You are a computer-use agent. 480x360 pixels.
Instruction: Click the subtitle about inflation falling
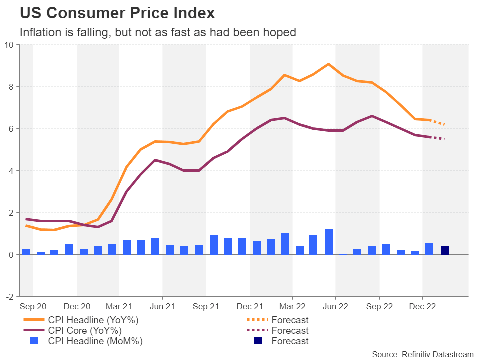(x=158, y=33)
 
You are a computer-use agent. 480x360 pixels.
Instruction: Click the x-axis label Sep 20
(x=33, y=306)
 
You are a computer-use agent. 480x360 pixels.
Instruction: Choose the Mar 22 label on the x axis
(x=292, y=306)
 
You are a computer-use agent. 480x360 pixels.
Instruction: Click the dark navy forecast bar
(x=444, y=250)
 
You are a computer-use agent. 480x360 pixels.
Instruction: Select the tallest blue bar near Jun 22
(x=329, y=242)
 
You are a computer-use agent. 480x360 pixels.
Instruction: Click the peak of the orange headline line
(x=328, y=64)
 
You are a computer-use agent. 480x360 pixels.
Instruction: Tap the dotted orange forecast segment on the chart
(x=437, y=122)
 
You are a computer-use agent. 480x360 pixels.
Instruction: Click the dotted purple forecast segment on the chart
(x=437, y=138)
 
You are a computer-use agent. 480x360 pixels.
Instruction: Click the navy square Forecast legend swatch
(x=258, y=341)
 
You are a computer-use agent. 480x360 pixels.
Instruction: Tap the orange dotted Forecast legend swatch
(x=258, y=320)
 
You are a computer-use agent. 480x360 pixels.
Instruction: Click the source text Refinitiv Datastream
(x=423, y=354)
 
